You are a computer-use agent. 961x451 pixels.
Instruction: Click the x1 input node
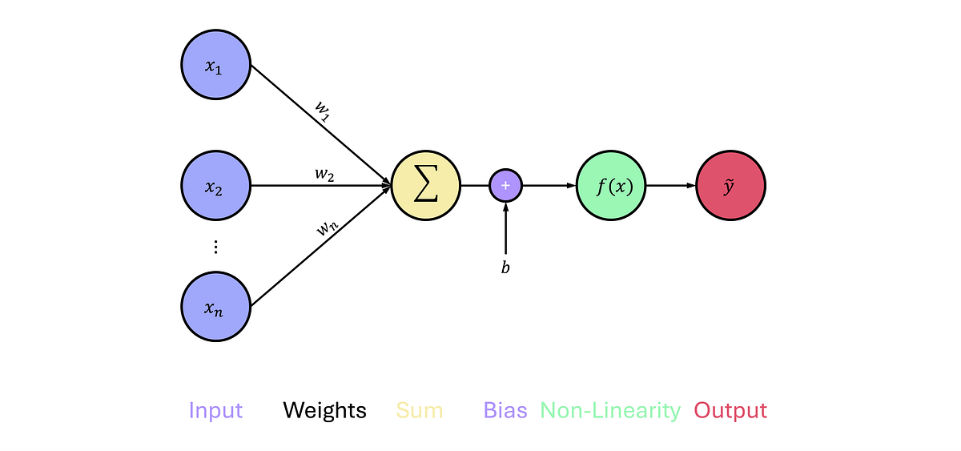pos(215,66)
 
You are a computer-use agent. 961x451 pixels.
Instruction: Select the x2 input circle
pos(215,186)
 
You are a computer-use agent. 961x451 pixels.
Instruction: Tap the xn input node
pos(215,306)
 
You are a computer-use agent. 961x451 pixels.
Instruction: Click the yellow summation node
pos(426,186)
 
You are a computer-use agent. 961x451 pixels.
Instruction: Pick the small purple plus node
pos(505,186)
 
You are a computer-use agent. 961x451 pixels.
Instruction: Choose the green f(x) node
pos(611,186)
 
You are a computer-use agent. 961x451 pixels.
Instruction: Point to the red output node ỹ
pos(730,186)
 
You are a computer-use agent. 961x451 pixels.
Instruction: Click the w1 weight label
pos(321,111)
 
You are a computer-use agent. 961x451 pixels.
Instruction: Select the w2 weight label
pos(324,175)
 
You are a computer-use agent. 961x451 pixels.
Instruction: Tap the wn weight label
pos(326,228)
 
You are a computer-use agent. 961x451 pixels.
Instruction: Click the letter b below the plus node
pos(505,268)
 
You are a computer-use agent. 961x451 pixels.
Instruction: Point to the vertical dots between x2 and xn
pos(215,247)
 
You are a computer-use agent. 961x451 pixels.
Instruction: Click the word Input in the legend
pos(215,411)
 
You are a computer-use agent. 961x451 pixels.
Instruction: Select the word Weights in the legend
pos(324,411)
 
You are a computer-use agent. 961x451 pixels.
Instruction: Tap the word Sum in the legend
pos(420,411)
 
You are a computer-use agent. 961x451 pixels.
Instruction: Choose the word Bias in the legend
pos(505,411)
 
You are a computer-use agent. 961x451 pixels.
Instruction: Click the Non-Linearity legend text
pos(610,411)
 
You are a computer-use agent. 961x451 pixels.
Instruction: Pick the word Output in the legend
pos(730,411)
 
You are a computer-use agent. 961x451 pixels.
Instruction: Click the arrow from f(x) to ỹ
pos(670,186)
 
